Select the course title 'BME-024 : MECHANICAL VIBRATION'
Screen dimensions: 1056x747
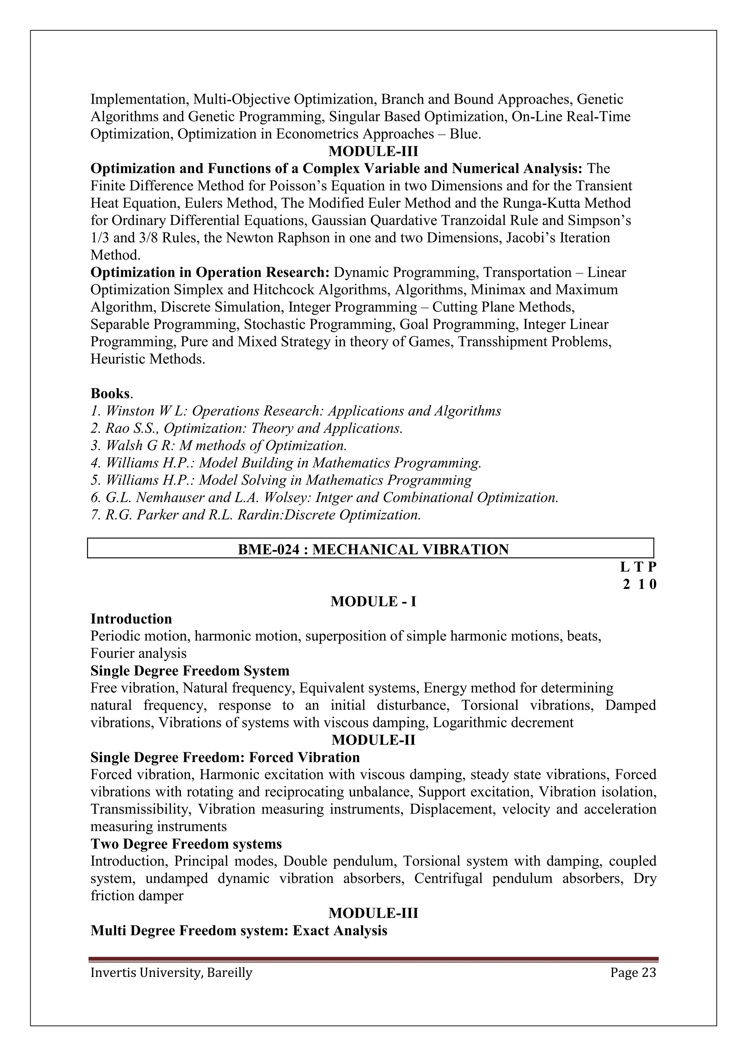(x=373, y=549)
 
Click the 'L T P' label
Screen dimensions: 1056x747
(x=638, y=567)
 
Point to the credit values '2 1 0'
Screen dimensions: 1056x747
(x=639, y=584)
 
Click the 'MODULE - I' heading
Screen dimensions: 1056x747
(x=373, y=602)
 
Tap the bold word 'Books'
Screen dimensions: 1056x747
(x=111, y=394)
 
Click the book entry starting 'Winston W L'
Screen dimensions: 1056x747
(x=296, y=411)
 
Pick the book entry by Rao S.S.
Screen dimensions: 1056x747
(x=247, y=428)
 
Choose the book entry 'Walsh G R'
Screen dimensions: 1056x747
(x=218, y=446)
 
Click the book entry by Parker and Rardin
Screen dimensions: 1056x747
(x=256, y=515)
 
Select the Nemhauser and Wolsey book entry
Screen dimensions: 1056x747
(x=325, y=498)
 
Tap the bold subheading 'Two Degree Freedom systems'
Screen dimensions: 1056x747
(x=186, y=844)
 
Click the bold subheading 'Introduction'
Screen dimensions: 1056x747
(x=131, y=619)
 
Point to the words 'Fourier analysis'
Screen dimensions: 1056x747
(x=139, y=653)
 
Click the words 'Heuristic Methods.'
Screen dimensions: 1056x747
(x=148, y=359)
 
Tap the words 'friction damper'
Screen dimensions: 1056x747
(x=137, y=896)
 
